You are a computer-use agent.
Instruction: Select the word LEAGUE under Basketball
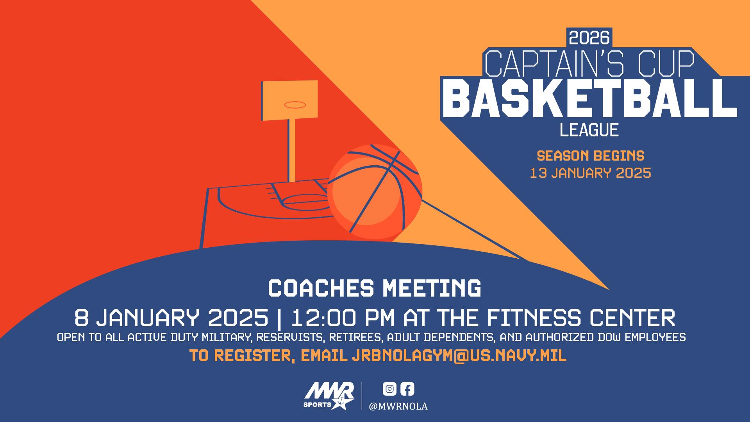[589, 130]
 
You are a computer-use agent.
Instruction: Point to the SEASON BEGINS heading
[590, 156]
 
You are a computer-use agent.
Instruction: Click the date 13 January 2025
[590, 173]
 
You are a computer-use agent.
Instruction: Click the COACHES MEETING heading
[375, 288]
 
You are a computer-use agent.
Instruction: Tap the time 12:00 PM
[343, 318]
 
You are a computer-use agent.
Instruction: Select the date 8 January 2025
[171, 318]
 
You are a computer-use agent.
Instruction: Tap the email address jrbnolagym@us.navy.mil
[459, 356]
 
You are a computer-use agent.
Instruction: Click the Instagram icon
[389, 389]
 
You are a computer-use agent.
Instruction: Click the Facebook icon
[407, 389]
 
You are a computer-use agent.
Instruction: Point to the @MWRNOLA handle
[398, 407]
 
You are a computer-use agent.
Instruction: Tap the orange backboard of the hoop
[289, 100]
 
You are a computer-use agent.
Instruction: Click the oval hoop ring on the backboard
[295, 105]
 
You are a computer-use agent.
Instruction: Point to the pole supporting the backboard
[292, 150]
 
